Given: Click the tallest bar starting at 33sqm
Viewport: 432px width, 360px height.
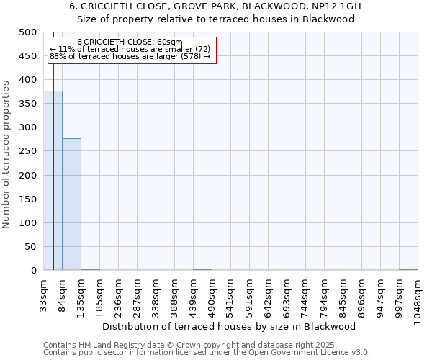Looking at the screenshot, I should pos(53,180).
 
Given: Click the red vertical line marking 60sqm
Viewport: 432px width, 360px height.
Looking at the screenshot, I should pos(53,158).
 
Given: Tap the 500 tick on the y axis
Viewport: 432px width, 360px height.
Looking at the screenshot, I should pos(29,32).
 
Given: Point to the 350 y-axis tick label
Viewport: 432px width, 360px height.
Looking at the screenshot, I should pos(29,104).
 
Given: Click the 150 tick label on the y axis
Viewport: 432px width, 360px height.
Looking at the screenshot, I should pos(29,199).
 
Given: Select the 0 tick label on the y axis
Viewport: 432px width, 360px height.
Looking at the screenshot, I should pos(34,270).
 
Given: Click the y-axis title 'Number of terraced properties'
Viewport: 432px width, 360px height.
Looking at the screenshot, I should pos(6,154).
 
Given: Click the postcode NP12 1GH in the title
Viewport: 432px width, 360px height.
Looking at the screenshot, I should pos(335,6).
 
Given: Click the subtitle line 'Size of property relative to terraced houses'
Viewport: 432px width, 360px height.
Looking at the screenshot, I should pos(215,19).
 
